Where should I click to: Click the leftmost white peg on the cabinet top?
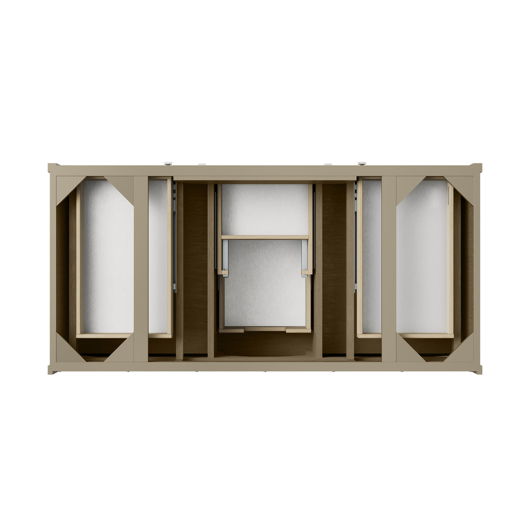coord(168,163)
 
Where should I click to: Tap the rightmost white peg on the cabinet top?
coord(362,163)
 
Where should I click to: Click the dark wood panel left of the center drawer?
coord(195,267)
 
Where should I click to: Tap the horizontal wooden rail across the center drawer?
coord(265,238)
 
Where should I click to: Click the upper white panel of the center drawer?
coord(265,209)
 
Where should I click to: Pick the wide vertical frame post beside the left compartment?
coord(141,269)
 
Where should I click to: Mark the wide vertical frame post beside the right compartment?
coord(389,269)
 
